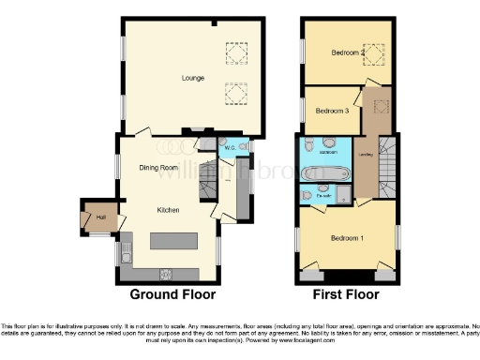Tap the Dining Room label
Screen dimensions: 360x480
(x=159, y=168)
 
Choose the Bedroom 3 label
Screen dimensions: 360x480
(x=331, y=112)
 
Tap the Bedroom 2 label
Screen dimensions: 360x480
(x=348, y=53)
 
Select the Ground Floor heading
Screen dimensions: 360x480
(x=172, y=294)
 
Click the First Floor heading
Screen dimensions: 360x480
(x=347, y=294)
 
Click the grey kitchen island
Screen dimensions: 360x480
(x=174, y=240)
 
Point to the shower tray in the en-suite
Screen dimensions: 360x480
(x=344, y=195)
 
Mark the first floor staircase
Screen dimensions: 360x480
(x=386, y=169)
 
